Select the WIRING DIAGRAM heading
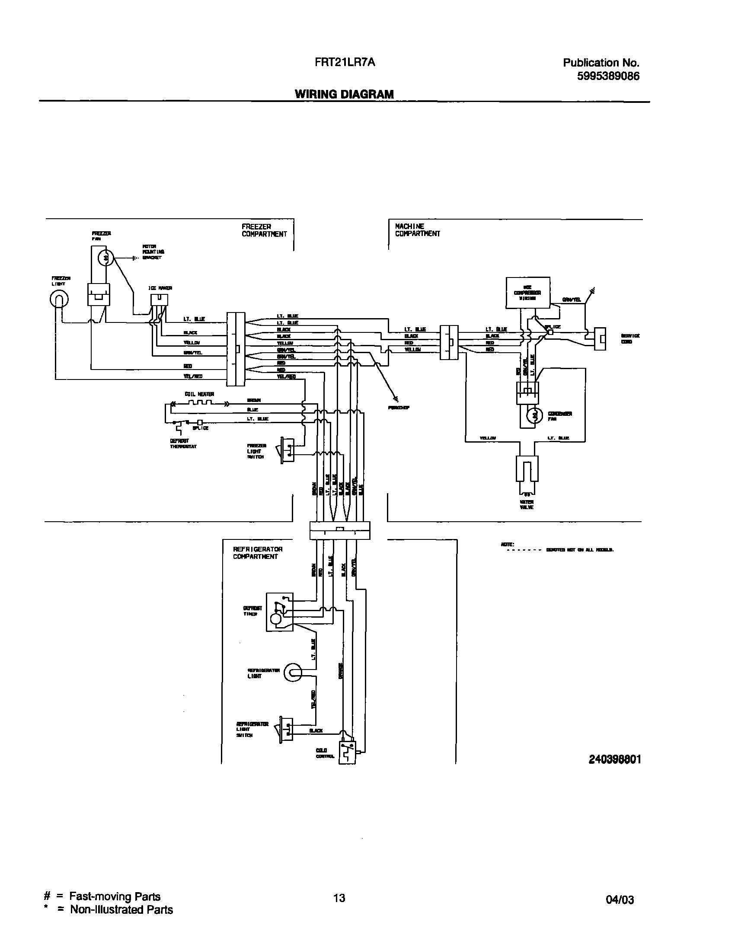pyautogui.click(x=344, y=94)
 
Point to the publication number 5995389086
pyautogui.click(x=608, y=77)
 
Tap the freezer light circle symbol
pyautogui.click(x=60, y=299)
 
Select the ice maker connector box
pyautogui.click(x=159, y=300)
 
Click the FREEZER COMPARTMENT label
pyautogui.click(x=264, y=230)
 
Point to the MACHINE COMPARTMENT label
pyautogui.click(x=417, y=230)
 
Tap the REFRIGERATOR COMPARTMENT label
pyautogui.click(x=258, y=553)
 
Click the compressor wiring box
pyautogui.click(x=527, y=293)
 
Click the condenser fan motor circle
pyautogui.click(x=535, y=416)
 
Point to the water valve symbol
pyautogui.click(x=527, y=471)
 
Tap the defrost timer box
pyautogui.click(x=279, y=612)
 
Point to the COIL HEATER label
pyautogui.click(x=199, y=394)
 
